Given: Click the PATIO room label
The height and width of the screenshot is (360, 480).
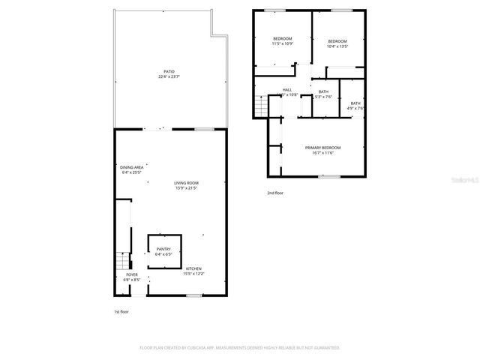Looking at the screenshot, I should click(x=169, y=72).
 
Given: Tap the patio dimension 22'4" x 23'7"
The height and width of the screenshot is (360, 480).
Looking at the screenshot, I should click(x=169, y=77).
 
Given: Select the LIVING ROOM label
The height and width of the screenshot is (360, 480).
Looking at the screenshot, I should click(x=187, y=183).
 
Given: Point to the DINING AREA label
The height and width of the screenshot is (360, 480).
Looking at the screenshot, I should click(x=130, y=167).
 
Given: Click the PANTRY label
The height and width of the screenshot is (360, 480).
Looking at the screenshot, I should click(x=163, y=250).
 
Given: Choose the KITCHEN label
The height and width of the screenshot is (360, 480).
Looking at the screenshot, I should click(x=193, y=268).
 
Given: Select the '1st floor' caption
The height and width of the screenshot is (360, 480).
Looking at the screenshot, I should click(x=121, y=311).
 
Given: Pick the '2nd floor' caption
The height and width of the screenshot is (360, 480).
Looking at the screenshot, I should click(x=275, y=193).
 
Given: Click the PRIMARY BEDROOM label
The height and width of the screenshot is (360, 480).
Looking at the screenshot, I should click(x=323, y=148).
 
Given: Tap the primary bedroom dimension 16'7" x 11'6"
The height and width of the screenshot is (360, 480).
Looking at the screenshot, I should click(x=323, y=153).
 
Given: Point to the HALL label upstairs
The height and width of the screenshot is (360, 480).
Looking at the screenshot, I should click(x=287, y=90).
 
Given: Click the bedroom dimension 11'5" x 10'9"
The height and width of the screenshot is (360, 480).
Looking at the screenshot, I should click(x=282, y=44).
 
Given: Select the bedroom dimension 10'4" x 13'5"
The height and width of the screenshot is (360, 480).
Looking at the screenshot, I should click(x=337, y=46).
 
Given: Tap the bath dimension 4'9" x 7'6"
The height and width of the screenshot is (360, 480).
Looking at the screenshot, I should click(x=355, y=109).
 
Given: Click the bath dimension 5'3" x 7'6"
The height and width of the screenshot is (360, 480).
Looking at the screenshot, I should click(x=323, y=97).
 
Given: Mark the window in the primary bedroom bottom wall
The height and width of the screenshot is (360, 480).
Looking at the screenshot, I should click(x=328, y=177).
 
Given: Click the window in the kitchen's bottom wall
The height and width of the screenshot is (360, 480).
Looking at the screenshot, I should click(x=194, y=295).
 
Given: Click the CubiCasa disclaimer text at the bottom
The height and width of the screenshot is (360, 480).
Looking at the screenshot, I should click(x=240, y=348).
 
